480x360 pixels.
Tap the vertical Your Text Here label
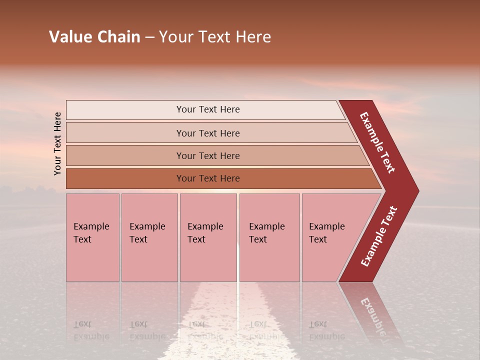[x=57, y=143]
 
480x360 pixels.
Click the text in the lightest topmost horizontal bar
[x=208, y=109]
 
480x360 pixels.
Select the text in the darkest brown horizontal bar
[x=208, y=178]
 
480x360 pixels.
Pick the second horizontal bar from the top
[x=208, y=133]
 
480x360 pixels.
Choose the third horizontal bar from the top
[x=208, y=156]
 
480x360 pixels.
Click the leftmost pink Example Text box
[x=92, y=237]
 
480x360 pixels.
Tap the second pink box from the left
[x=149, y=237]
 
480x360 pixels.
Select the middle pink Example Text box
[x=208, y=237]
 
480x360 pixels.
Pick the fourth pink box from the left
[x=269, y=237]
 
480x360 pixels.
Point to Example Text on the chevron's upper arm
[x=378, y=142]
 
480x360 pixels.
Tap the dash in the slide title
[x=149, y=37]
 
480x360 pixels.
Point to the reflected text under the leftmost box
[x=91, y=330]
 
